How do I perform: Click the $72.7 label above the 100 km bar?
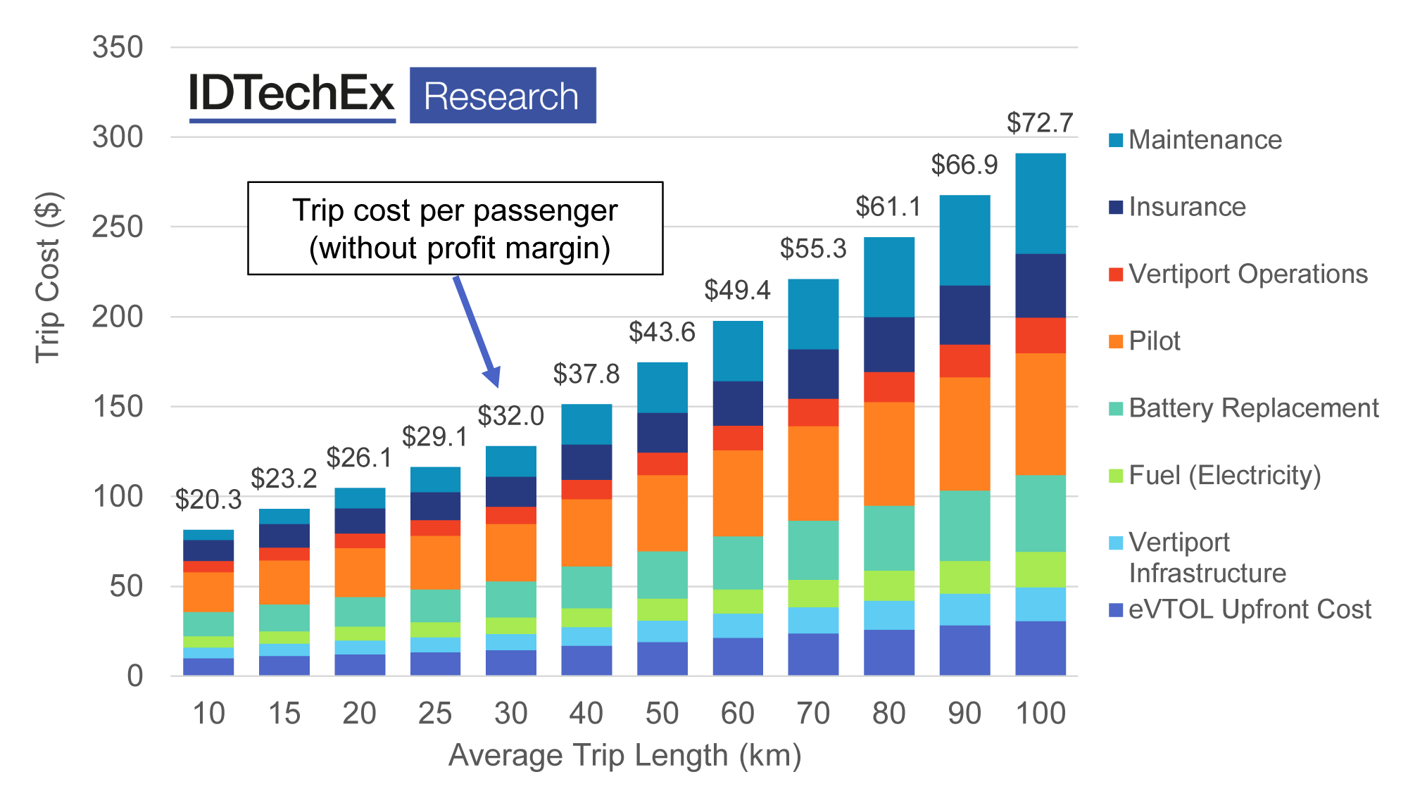1039,123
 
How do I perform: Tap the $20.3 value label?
208,500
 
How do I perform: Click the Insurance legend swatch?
1116,208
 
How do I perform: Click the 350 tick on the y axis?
118,48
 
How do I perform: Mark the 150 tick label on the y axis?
118,407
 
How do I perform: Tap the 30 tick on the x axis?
510,714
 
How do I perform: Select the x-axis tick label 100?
1041,714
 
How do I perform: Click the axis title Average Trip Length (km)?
624,756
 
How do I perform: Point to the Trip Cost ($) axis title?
48,278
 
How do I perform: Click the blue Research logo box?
503,96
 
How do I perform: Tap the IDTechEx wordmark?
291,94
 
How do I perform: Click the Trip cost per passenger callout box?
455,229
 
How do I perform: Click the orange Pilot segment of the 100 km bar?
1041,414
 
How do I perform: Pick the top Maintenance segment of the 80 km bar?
889,277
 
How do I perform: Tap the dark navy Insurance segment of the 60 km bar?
738,403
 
